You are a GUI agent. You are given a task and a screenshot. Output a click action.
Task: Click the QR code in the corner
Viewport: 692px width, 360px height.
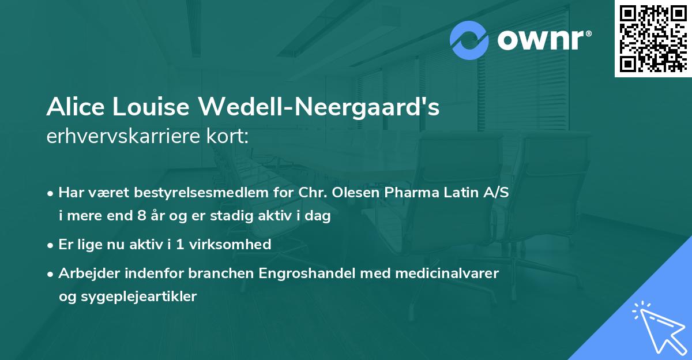click(653, 38)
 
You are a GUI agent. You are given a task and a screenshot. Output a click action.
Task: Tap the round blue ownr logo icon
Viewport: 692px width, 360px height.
click(470, 40)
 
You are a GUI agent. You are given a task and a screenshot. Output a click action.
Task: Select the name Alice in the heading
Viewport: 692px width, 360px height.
click(70, 107)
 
